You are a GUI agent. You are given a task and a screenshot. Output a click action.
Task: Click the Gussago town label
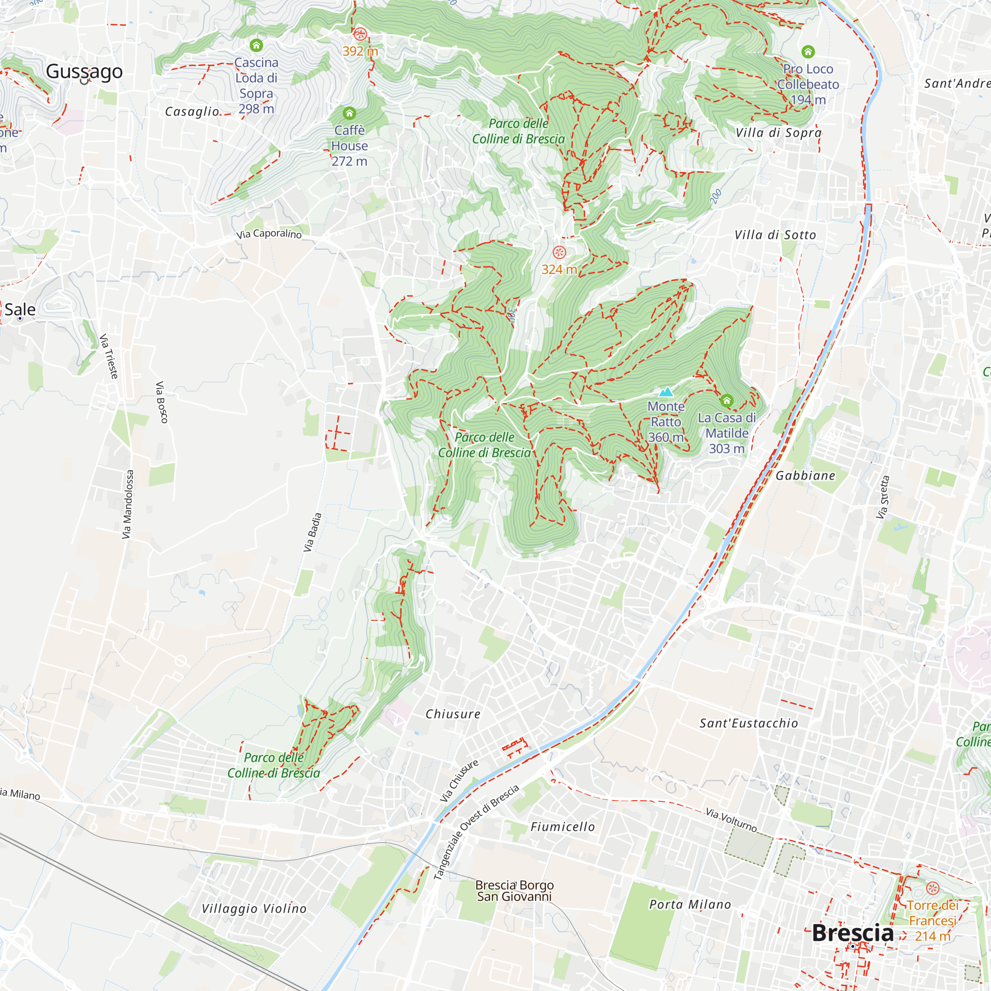pyautogui.click(x=84, y=71)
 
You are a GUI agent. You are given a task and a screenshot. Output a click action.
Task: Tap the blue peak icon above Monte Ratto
pyautogui.click(x=666, y=392)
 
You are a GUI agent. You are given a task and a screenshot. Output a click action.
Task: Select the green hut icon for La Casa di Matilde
pyautogui.click(x=726, y=400)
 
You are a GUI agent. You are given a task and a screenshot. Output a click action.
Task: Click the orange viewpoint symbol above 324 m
pyautogui.click(x=559, y=252)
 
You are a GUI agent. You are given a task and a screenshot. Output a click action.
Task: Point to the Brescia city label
pyautogui.click(x=852, y=933)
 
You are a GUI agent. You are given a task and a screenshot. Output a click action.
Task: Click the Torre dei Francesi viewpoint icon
pyautogui.click(x=933, y=888)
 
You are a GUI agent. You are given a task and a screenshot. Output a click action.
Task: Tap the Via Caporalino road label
pyautogui.click(x=269, y=234)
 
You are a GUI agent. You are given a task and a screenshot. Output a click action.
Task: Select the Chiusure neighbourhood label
pyautogui.click(x=453, y=714)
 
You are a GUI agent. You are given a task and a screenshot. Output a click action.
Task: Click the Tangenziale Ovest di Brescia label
pyautogui.click(x=476, y=832)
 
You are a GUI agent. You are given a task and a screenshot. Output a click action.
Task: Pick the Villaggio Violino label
pyautogui.click(x=254, y=908)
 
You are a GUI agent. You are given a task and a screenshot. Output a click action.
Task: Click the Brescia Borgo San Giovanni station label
pyautogui.click(x=514, y=890)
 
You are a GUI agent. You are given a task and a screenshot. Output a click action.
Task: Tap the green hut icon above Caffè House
pyautogui.click(x=349, y=113)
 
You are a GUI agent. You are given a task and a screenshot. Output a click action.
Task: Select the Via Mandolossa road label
pyautogui.click(x=128, y=504)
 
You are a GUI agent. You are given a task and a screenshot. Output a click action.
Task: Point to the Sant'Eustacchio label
pyautogui.click(x=749, y=723)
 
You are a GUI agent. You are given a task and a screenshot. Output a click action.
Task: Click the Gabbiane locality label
pyautogui.click(x=805, y=476)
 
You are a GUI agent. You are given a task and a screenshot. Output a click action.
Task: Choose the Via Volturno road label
pyautogui.click(x=731, y=820)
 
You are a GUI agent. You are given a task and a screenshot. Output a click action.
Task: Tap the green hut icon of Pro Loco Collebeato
pyautogui.click(x=808, y=52)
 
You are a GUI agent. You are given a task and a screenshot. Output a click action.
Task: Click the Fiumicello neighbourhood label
pyautogui.click(x=563, y=827)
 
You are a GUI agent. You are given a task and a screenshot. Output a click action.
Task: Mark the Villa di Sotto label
pyautogui.click(x=774, y=235)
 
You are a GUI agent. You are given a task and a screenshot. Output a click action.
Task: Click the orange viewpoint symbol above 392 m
pyautogui.click(x=360, y=34)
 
